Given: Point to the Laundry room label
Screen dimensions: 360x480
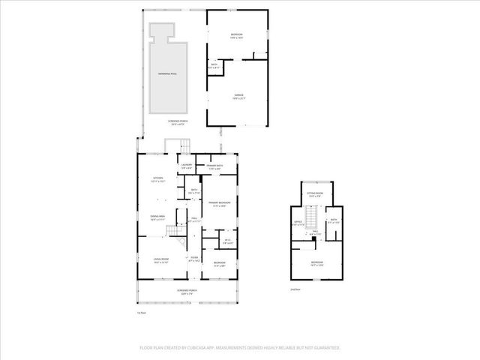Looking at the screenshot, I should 186,166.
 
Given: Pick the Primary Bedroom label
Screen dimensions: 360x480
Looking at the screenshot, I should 220,205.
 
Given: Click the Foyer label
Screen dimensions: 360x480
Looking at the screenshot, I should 193,259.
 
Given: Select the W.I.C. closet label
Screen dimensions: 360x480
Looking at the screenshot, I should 228,241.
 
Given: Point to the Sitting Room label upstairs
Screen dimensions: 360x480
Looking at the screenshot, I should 314,195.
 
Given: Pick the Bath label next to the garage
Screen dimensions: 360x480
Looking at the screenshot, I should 214,67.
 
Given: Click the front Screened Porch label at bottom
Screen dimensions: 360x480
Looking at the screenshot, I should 186,292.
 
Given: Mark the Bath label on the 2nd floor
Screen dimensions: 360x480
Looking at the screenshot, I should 334,221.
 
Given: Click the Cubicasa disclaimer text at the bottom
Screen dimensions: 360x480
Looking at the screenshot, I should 240,347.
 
